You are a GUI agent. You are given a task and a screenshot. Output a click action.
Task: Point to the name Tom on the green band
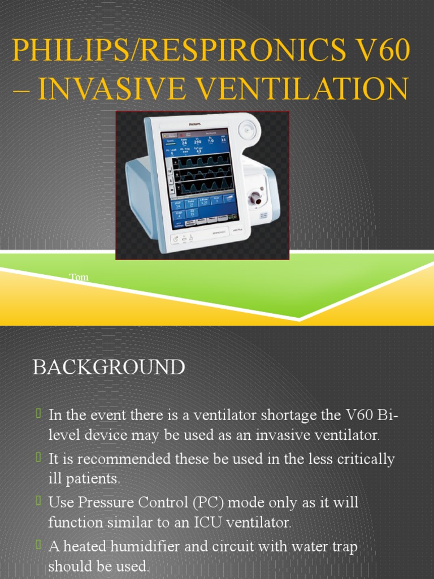[x=79, y=277]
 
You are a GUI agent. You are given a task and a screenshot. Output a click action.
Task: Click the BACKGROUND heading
[x=108, y=367]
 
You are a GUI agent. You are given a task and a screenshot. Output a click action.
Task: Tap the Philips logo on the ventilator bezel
[x=196, y=122]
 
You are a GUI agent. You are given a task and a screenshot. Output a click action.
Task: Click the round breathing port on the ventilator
[x=257, y=198]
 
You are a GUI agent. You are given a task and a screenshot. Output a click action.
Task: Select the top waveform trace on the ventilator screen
[x=201, y=160]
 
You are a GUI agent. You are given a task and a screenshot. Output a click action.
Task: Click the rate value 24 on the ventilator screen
[x=184, y=142]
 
